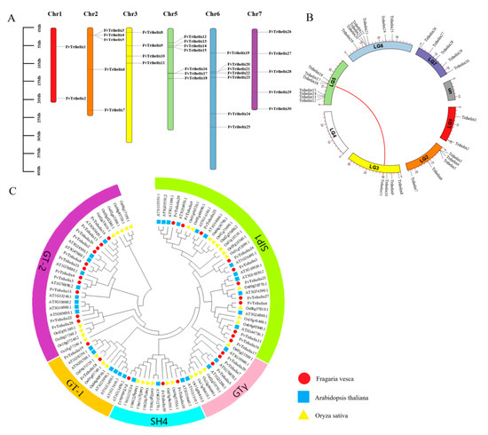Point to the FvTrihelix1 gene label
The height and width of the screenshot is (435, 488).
pos(76,47)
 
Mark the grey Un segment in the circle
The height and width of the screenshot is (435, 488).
pos(450,91)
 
